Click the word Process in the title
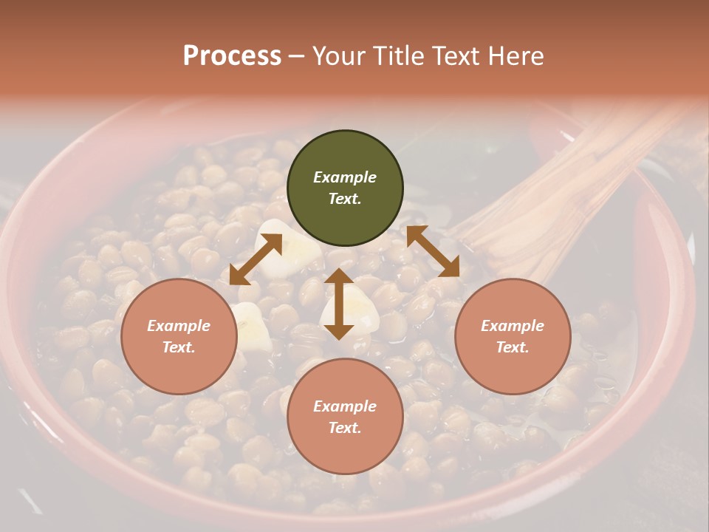232,56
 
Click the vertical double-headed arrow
339,304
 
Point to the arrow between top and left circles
256,259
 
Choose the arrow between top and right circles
433,251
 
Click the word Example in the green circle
345,177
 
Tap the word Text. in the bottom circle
345,428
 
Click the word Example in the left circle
179,326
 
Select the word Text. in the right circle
513,347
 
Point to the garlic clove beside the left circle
251,325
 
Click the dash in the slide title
296,56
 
